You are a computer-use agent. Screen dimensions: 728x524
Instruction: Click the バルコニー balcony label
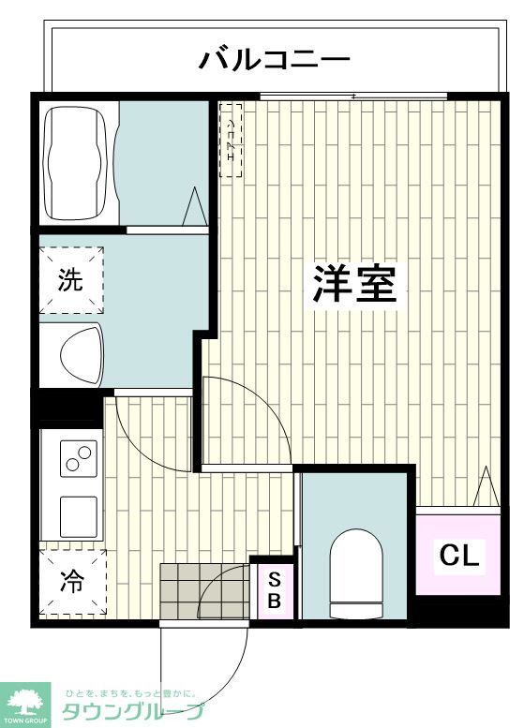tap(274, 61)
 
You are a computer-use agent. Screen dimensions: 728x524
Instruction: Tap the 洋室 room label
tap(353, 282)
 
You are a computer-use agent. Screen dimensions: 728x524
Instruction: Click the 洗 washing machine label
tap(71, 280)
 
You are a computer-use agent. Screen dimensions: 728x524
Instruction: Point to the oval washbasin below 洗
tap(82, 355)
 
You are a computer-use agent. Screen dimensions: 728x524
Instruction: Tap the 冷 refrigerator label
tap(71, 582)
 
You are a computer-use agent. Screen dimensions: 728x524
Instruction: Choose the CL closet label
tap(459, 556)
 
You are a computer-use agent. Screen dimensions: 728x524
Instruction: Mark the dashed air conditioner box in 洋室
tap(231, 140)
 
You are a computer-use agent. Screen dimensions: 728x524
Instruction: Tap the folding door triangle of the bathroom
tap(195, 207)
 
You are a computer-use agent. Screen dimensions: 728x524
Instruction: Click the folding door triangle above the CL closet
tap(486, 487)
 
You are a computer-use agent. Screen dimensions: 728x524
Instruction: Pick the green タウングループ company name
tap(132, 712)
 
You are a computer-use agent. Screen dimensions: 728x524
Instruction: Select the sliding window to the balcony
tap(353, 97)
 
